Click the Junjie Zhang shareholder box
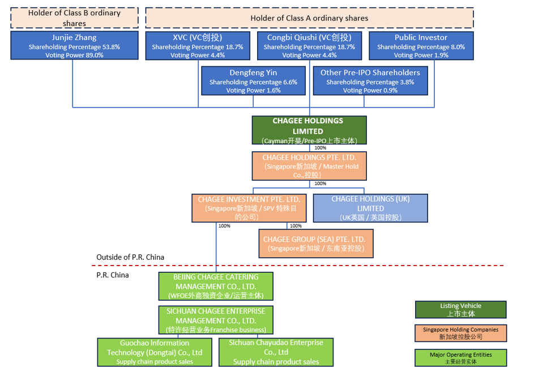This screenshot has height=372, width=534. point(74,45)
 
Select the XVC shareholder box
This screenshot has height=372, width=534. point(198,46)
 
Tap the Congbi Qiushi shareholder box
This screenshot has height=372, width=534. point(309,46)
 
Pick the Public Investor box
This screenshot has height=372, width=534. point(421,46)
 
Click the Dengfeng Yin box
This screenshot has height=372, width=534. point(253,81)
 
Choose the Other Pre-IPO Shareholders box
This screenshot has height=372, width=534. point(370,81)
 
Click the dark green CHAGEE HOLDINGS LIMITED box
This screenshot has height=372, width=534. point(309,130)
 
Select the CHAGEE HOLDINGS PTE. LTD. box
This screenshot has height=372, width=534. point(309,166)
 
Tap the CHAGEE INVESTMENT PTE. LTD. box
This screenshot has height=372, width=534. point(249,208)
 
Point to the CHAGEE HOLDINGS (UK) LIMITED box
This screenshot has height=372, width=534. point(370,208)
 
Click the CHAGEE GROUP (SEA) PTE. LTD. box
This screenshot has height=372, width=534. point(316,243)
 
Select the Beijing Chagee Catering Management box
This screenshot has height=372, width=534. point(216,286)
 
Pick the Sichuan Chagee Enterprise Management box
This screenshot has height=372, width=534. point(216,320)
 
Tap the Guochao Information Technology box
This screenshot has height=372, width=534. point(155,352)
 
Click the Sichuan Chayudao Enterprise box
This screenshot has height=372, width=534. point(276,352)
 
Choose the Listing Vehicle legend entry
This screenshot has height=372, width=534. point(460,310)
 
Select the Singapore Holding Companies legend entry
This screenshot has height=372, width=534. point(460,333)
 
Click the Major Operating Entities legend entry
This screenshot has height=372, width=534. point(460,358)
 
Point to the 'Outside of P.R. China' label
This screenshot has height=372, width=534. point(130,257)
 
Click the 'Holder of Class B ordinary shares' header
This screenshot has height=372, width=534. point(74,18)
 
